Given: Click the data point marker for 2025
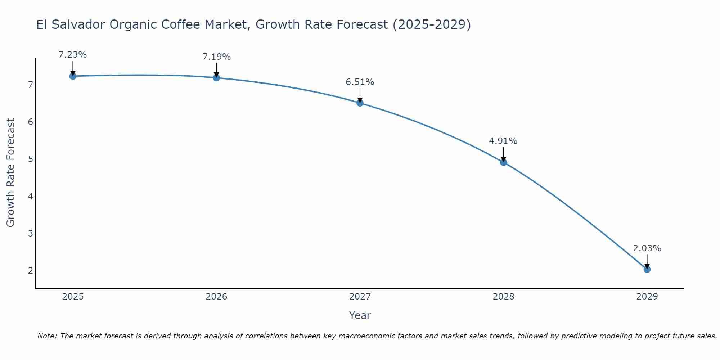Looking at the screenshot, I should (73, 76).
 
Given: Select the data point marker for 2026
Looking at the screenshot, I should (216, 77).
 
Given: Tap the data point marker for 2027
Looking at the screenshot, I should (360, 103).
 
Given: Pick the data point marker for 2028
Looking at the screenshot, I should (503, 162).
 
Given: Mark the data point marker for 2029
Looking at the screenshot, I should (647, 269).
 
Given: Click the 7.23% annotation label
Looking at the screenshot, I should (73, 55).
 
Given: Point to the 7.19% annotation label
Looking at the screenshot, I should (216, 57).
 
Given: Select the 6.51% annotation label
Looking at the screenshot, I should (360, 82).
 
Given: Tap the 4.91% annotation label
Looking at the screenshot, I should (503, 141).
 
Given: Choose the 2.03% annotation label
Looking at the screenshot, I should (647, 248).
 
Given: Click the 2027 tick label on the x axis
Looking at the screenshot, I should (360, 297).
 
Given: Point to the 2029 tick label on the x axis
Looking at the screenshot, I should (647, 297).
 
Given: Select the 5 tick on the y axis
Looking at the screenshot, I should (30, 159).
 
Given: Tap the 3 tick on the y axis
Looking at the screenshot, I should (30, 233).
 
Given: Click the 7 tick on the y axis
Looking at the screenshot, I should (30, 85).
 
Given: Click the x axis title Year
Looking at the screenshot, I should (360, 315).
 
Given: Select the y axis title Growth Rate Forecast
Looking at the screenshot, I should (11, 173).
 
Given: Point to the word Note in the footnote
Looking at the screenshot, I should (47, 336).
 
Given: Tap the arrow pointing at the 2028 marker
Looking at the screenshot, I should (503, 154).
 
